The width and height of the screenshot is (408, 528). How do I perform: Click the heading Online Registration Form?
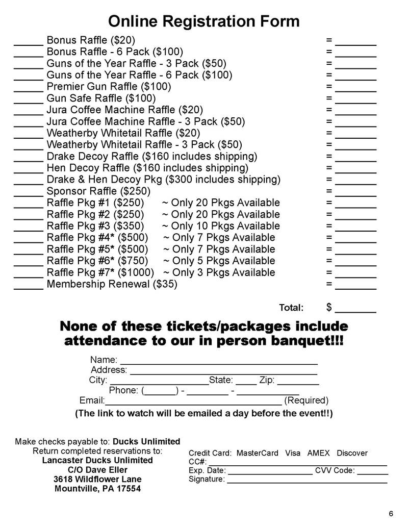203,21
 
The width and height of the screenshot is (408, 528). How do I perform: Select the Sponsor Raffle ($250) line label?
98,191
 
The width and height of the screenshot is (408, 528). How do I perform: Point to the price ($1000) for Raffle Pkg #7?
136,272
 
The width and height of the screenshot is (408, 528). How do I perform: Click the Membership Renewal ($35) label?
112,284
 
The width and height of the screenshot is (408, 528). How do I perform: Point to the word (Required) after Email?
306,400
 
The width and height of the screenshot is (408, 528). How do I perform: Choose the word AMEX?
319,453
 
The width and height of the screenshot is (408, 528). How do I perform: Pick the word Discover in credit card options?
352,453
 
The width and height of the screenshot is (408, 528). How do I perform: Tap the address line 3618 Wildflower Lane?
97,479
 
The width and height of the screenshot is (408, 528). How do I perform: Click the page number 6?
390,513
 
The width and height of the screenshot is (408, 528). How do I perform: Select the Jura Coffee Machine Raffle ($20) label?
125,110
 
